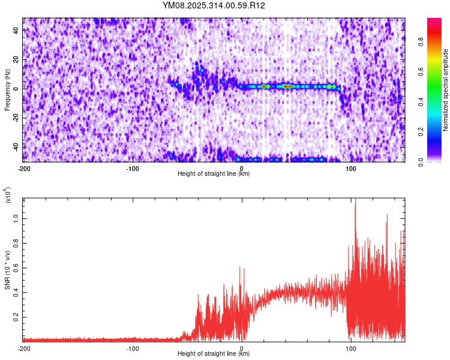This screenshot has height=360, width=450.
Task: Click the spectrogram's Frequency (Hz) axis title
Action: pyautogui.click(x=7, y=90)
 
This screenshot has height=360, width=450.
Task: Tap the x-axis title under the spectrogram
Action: pyautogui.click(x=214, y=174)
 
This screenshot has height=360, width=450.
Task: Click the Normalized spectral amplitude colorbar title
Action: pyautogui.click(x=446, y=90)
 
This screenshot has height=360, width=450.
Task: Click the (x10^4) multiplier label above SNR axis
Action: pyautogui.click(x=8, y=195)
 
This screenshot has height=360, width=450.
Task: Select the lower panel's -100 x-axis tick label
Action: pyautogui.click(x=133, y=349)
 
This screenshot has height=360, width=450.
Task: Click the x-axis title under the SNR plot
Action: pyautogui.click(x=214, y=354)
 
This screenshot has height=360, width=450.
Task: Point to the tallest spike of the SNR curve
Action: pyautogui.click(x=355, y=200)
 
